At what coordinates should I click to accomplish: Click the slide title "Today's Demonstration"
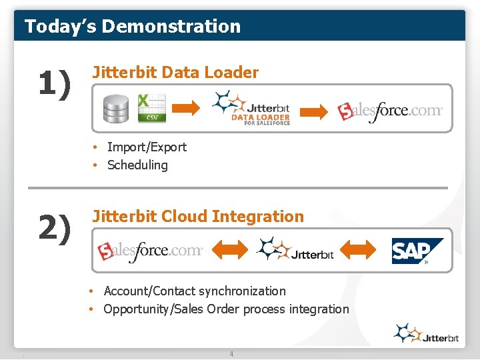pyautogui.click(x=132, y=27)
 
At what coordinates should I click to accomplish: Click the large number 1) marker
pyautogui.click(x=53, y=85)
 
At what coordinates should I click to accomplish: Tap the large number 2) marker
pyautogui.click(x=54, y=229)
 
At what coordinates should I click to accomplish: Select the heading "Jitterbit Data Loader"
pyautogui.click(x=175, y=73)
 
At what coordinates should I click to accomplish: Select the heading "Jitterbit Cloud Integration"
pyautogui.click(x=198, y=216)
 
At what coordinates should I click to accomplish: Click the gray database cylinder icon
pyautogui.click(x=116, y=109)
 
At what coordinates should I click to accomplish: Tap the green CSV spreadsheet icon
pyautogui.click(x=151, y=108)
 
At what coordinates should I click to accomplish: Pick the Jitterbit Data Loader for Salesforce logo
pyautogui.click(x=251, y=108)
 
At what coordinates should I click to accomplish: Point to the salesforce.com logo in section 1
pyautogui.click(x=389, y=111)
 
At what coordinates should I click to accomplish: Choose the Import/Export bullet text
pyautogui.click(x=147, y=147)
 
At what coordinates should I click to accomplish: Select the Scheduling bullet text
pyautogui.click(x=137, y=165)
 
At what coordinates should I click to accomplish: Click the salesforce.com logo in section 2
pyautogui.click(x=150, y=251)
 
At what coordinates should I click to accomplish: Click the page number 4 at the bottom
pyautogui.click(x=231, y=354)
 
